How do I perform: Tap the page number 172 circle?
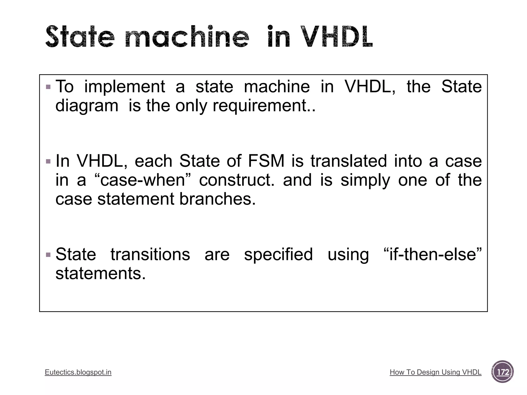tap(502, 372)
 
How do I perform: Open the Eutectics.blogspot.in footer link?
tap(78, 372)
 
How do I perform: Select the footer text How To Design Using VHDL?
tap(435, 372)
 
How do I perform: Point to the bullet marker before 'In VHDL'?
tap(48, 161)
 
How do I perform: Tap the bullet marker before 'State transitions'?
tap(48, 255)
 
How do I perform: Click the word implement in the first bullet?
tap(125, 87)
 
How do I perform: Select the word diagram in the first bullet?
tap(87, 106)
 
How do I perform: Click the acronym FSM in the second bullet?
tap(266, 161)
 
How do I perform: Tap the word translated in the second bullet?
tap(348, 161)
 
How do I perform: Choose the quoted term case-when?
tap(143, 180)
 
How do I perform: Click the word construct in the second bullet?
tap(236, 180)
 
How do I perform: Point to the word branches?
tap(217, 199)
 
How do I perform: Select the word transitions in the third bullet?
tap(150, 255)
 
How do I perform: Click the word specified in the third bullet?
tap(278, 255)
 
